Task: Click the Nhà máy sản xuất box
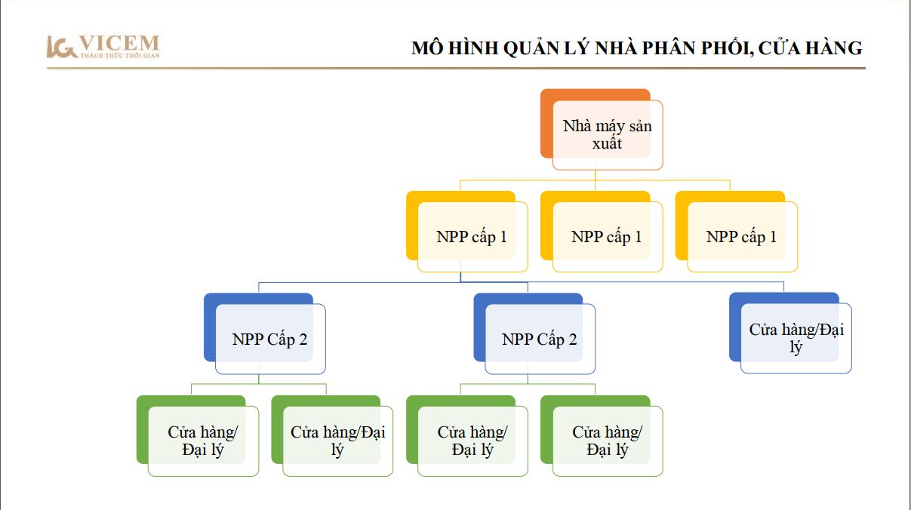point(602,129)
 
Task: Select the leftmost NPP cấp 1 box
point(467,231)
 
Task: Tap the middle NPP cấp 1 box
point(602,231)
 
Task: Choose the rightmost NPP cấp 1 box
point(736,231)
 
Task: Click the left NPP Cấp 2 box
point(264,333)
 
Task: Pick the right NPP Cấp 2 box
point(534,333)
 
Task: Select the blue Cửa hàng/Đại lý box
point(790,333)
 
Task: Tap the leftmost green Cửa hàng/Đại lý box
point(198,435)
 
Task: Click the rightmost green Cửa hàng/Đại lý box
point(602,435)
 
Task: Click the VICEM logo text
point(118,43)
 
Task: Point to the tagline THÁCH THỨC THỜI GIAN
point(120,55)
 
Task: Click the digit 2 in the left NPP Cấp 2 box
point(303,339)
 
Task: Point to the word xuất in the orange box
point(607,143)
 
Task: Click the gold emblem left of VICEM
point(61,47)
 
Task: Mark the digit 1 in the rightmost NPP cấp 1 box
point(773,236)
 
